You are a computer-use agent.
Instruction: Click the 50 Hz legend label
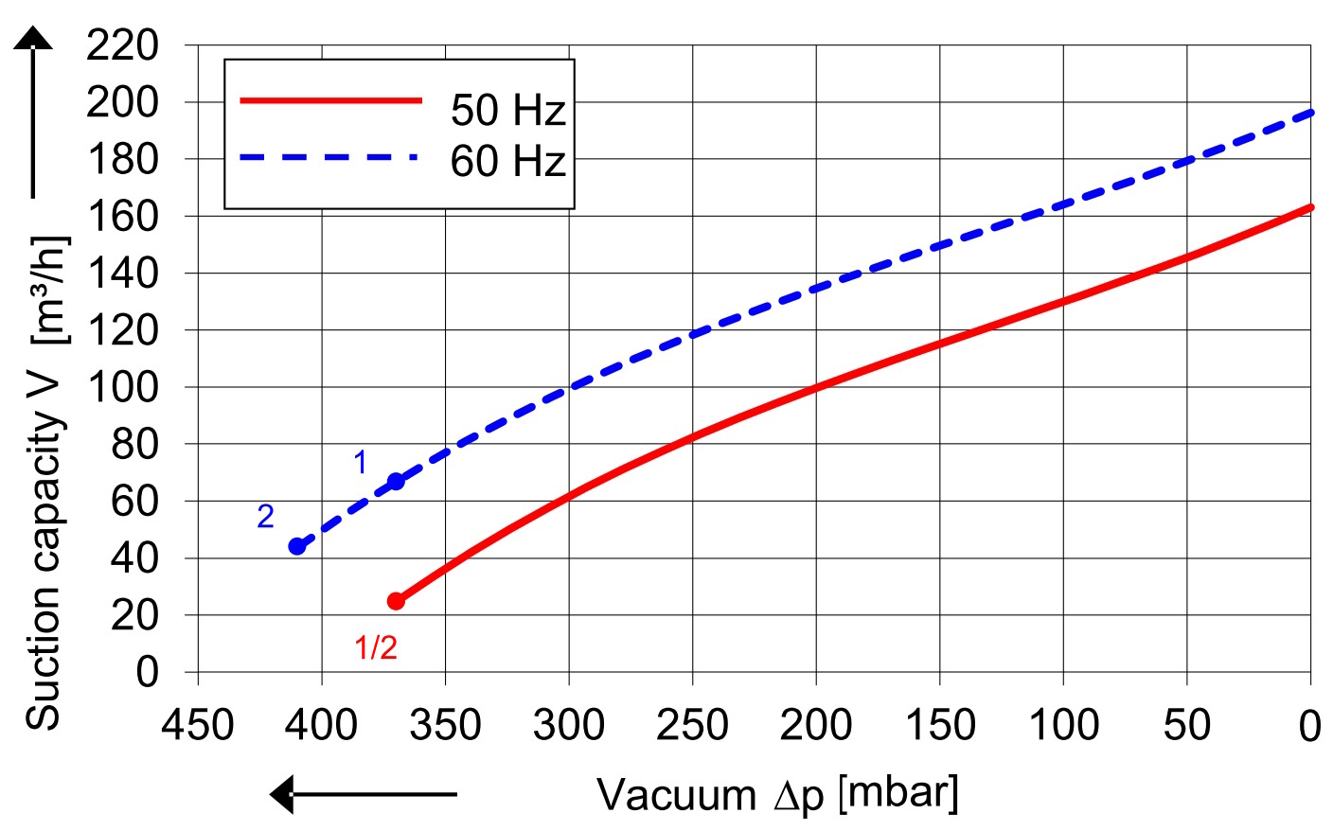point(507,110)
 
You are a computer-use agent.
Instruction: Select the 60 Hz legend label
point(507,161)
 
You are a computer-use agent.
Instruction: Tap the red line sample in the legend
point(330,99)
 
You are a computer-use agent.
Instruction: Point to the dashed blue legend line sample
point(329,157)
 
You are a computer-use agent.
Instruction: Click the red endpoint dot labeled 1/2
point(396,601)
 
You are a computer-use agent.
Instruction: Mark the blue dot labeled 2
point(297,546)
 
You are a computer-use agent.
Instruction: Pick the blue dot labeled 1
point(396,482)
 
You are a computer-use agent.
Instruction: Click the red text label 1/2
point(376,648)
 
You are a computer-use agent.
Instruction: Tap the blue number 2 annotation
point(265,516)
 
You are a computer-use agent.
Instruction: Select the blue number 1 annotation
point(360,462)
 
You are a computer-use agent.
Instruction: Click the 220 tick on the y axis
point(123,44)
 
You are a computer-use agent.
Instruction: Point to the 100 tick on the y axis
point(123,387)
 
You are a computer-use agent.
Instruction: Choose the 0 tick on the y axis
point(147,672)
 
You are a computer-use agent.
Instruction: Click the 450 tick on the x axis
point(198,726)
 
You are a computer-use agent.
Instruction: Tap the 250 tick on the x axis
point(692,726)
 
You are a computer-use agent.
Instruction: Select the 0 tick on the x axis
point(1309,726)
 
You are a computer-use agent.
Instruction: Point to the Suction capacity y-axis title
point(45,483)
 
